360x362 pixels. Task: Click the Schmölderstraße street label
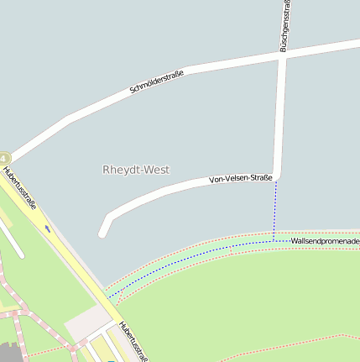(157, 81)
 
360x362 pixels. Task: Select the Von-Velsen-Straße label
(240, 178)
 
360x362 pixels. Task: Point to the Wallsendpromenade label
(325, 241)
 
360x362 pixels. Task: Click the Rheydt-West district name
(136, 170)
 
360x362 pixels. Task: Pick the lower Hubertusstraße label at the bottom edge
(133, 341)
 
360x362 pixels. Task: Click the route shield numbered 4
(4, 158)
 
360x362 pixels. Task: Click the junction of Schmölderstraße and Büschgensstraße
(282, 52)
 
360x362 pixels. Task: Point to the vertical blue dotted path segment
(274, 210)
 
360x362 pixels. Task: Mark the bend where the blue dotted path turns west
(274, 241)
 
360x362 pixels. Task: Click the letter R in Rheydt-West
(107, 170)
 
